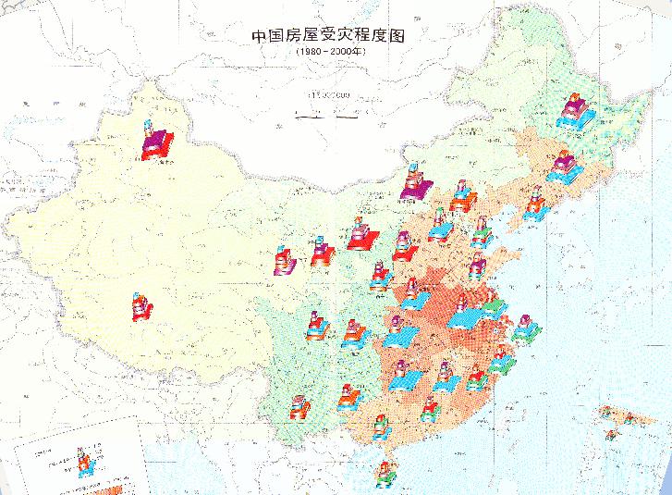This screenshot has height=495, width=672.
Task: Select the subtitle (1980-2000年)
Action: point(330,54)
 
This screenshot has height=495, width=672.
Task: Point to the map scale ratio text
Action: point(329,94)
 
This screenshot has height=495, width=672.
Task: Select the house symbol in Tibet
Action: point(140,305)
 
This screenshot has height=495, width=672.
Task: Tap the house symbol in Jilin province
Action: point(563,167)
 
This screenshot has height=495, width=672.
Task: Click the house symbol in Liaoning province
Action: point(533,208)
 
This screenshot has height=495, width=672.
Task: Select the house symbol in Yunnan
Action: point(300,407)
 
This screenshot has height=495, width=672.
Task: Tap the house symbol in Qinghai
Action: point(284,259)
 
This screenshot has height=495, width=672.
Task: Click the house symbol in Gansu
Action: point(320,251)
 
